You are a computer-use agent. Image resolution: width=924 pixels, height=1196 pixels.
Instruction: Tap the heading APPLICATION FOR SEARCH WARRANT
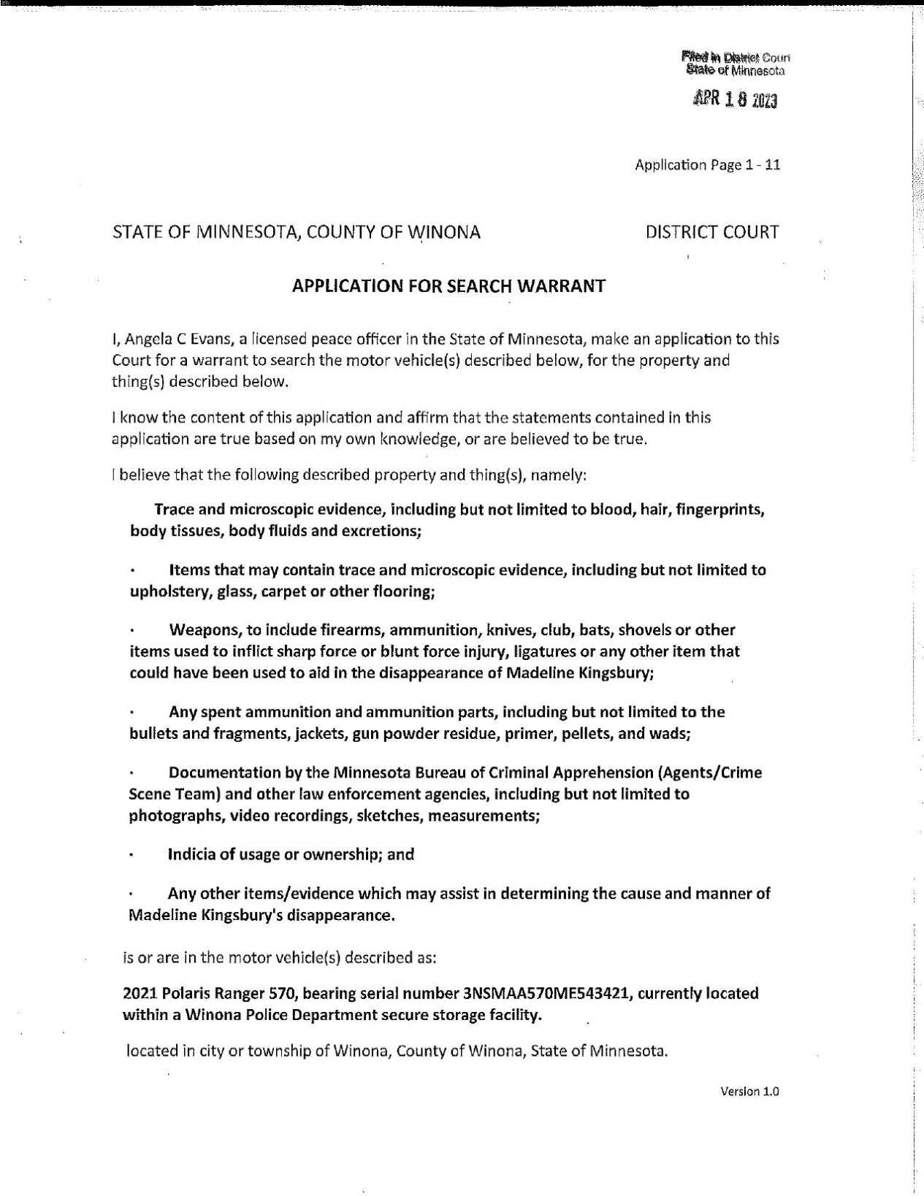click(448, 286)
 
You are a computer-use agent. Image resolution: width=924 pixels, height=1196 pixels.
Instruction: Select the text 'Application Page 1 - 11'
click(707, 165)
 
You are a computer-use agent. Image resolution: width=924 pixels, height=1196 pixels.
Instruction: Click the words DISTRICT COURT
click(712, 232)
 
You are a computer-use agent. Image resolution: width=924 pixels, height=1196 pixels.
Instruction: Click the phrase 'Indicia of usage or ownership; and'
click(291, 854)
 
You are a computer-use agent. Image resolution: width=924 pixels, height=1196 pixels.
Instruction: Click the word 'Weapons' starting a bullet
click(200, 630)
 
